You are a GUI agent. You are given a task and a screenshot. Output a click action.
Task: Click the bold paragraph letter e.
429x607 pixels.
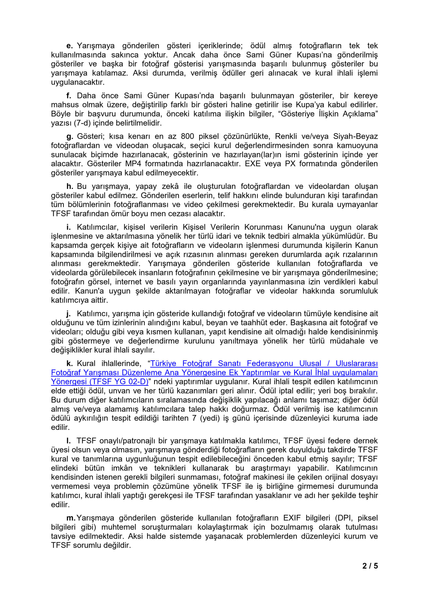point(69,46)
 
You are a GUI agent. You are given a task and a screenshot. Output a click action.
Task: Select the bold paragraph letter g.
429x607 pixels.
point(70,137)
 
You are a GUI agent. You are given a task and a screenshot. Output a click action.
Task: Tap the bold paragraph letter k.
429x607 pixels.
point(70,364)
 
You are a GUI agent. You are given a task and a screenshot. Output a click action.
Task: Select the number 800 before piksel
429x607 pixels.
point(187,136)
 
